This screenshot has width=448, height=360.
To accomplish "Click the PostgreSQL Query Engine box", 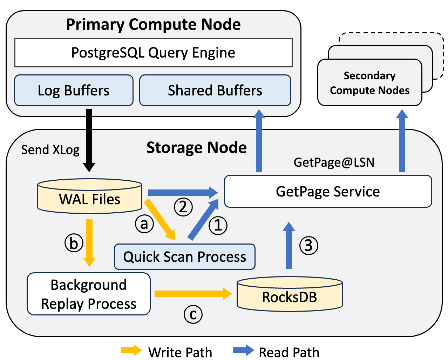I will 153,53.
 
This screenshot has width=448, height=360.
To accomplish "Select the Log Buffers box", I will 74,90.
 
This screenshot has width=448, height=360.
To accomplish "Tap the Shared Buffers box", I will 215,90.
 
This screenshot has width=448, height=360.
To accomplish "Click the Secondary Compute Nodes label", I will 369,83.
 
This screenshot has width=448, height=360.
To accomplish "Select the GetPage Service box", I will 328,191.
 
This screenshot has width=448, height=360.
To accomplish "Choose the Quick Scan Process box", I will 185,256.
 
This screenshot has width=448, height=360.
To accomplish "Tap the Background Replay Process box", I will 89,294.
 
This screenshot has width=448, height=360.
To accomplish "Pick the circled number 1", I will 218,225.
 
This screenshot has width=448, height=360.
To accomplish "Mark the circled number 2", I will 183,207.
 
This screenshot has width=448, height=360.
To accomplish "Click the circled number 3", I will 308,245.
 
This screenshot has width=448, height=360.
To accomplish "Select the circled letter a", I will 144,224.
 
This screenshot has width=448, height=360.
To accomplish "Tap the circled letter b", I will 74,243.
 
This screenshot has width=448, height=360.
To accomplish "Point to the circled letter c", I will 193,314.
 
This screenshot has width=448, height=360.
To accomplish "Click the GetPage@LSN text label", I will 334,162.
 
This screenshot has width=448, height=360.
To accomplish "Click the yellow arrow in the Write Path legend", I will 131,350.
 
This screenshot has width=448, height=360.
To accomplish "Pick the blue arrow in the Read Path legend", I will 243,350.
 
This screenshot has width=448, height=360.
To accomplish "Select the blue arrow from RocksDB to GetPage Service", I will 289,246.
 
